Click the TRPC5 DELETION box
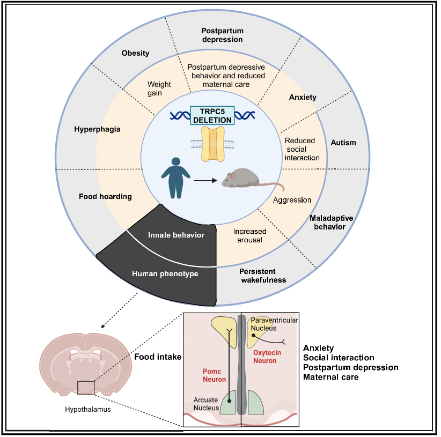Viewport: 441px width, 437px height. click(x=212, y=115)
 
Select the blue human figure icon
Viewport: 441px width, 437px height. click(x=176, y=178)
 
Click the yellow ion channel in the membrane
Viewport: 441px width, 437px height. click(x=213, y=144)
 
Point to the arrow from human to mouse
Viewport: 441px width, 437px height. click(x=205, y=181)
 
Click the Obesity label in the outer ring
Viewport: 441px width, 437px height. click(x=135, y=53)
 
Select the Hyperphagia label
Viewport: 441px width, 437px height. click(x=97, y=129)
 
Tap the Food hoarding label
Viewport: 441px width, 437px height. click(x=105, y=196)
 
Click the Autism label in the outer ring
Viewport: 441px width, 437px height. click(x=343, y=143)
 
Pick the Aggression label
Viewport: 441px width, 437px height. click(x=292, y=200)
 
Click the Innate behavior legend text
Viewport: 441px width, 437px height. click(x=176, y=235)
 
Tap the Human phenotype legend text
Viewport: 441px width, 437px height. click(x=165, y=273)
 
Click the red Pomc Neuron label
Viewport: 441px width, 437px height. click(x=214, y=375)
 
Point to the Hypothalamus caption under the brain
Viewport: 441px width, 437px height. click(x=88, y=410)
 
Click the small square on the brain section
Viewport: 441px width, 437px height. click(x=86, y=388)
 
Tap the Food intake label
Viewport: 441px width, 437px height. click(x=158, y=357)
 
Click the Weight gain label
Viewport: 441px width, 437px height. click(x=159, y=88)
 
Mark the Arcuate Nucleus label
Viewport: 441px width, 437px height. click(x=206, y=404)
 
